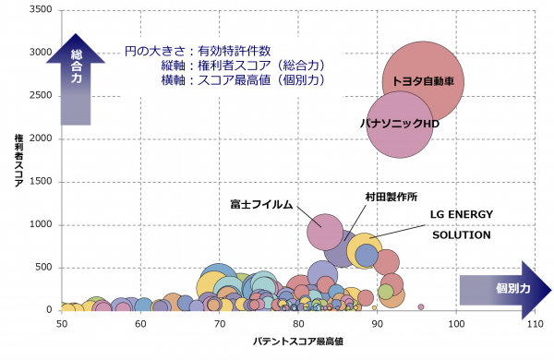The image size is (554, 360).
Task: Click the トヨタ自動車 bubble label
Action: (423, 81)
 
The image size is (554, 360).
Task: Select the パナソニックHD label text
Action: (399, 124)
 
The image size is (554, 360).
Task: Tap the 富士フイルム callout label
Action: (261, 205)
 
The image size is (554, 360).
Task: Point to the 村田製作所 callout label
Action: (391, 197)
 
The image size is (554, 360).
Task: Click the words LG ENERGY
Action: (462, 214)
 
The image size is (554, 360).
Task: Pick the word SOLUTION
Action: (462, 235)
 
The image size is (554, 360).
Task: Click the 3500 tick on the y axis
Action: (41, 9)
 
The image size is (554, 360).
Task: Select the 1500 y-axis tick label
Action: (41, 182)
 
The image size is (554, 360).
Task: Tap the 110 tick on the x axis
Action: (535, 324)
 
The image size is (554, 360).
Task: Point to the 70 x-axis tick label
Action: (220, 324)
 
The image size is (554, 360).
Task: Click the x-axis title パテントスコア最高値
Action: (298, 342)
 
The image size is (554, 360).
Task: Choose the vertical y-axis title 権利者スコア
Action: (18, 160)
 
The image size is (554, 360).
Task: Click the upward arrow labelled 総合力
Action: (76, 79)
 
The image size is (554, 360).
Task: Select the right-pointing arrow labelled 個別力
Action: (505, 290)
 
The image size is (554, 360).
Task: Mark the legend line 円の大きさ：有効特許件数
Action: (198, 51)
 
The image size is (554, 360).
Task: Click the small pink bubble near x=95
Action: (421, 307)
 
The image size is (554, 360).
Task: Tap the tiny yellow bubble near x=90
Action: (374, 307)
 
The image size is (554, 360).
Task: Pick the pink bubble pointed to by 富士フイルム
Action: (325, 232)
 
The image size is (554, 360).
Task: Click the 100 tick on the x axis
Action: (456, 324)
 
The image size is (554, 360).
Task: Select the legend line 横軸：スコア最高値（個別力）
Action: (243, 80)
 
